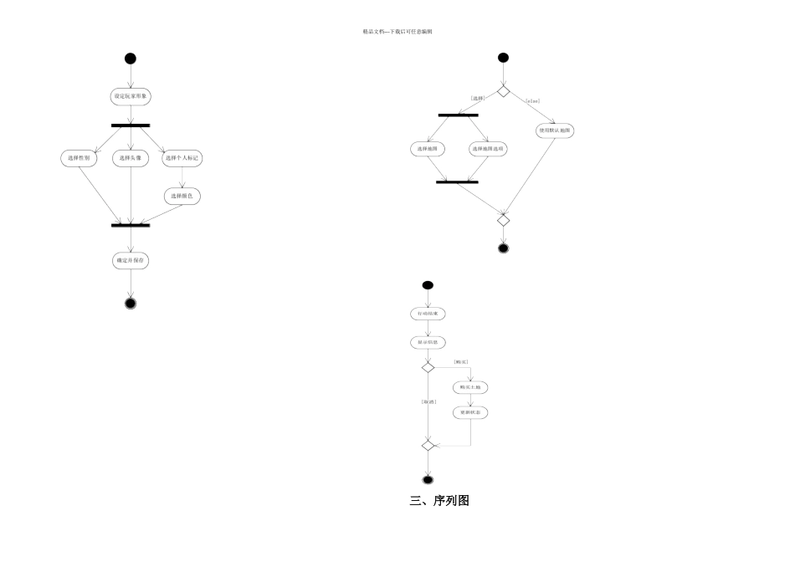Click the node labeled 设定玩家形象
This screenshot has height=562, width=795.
tap(131, 96)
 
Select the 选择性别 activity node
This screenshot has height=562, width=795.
tap(80, 157)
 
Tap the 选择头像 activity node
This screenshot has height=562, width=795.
tap(131, 157)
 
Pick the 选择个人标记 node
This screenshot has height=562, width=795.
tap(183, 157)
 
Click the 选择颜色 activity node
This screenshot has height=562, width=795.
tap(182, 196)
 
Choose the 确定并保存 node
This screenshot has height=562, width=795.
tap(131, 261)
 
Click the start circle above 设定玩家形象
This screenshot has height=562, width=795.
tap(130, 59)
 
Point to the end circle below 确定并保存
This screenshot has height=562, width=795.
tap(130, 302)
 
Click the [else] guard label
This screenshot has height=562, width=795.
tap(532, 101)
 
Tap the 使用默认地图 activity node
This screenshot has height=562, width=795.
tap(556, 130)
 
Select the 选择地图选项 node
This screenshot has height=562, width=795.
tap(489, 149)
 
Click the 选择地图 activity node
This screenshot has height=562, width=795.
tap(428, 149)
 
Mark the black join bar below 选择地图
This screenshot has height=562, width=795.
tap(457, 181)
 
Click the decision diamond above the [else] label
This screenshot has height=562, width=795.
tap(503, 90)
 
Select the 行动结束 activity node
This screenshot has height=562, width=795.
tap(428, 314)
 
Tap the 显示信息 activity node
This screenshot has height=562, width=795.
tap(428, 342)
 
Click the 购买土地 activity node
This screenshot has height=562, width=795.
tap(470, 388)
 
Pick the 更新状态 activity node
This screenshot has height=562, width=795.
tap(470, 413)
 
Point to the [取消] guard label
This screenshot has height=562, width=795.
tap(428, 402)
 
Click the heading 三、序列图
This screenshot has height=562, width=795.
tap(439, 501)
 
